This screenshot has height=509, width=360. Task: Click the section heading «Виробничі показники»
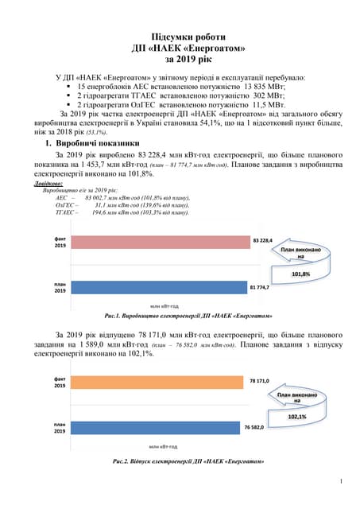point(97,143)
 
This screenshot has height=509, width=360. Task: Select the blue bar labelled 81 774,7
point(157,287)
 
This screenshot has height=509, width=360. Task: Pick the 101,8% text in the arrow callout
point(300,274)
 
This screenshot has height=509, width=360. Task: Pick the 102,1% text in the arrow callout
point(296,416)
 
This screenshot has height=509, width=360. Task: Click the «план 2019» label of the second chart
point(60,429)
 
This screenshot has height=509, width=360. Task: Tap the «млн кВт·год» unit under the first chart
point(167,305)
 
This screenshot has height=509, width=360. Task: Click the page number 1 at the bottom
point(340,481)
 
